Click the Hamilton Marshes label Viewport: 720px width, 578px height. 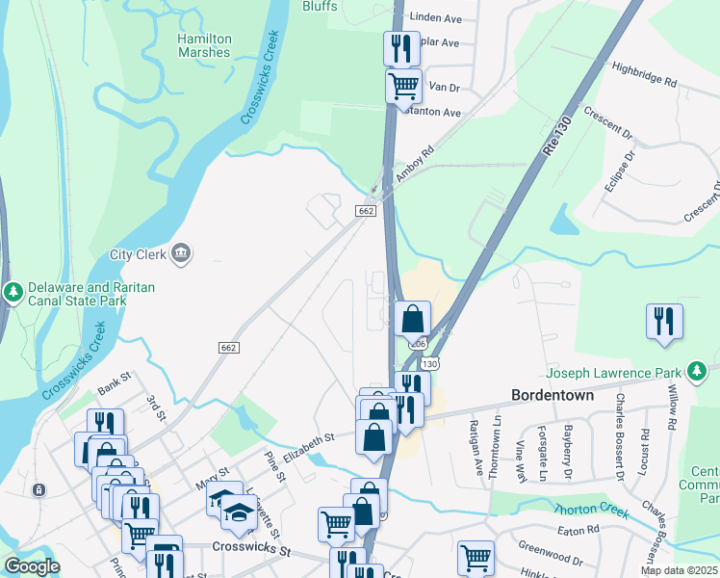click(204, 45)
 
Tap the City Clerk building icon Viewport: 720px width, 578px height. click(181, 254)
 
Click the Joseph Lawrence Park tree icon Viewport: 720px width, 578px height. click(696, 371)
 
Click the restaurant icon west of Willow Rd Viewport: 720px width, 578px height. click(664, 321)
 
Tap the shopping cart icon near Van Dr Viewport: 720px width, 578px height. click(403, 85)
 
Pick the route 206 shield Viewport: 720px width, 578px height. click(418, 343)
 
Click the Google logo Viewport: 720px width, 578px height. click(32, 566)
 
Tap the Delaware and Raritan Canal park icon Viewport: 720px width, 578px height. click(13, 292)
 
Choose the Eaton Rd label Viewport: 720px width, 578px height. click(578, 529)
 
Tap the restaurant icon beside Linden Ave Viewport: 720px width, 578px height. click(401, 47)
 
